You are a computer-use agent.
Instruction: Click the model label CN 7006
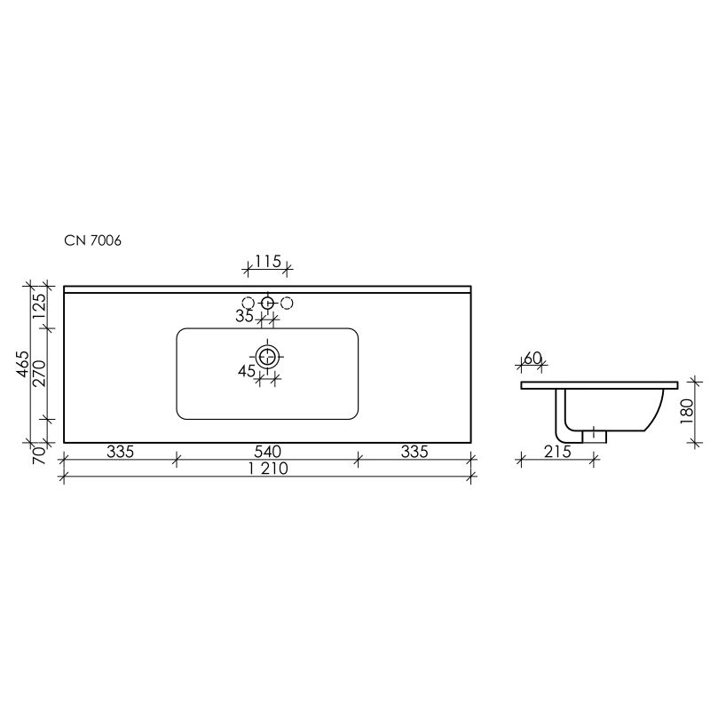99,240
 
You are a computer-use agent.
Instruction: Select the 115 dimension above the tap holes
267,261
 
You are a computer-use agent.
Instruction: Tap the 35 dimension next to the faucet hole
245,316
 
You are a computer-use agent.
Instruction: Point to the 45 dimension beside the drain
247,372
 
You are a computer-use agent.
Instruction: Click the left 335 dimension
120,452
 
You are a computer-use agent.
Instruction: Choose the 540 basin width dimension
267,452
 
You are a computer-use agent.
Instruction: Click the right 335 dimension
414,452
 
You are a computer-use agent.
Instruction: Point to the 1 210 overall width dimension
267,470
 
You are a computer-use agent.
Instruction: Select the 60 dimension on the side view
532,358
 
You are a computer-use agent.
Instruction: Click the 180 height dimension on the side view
685,411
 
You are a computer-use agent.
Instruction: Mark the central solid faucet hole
267,304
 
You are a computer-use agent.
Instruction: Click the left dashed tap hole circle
248,304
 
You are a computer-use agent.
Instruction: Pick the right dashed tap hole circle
287,304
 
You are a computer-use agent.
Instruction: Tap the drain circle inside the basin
267,358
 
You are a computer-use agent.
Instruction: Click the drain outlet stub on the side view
594,437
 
